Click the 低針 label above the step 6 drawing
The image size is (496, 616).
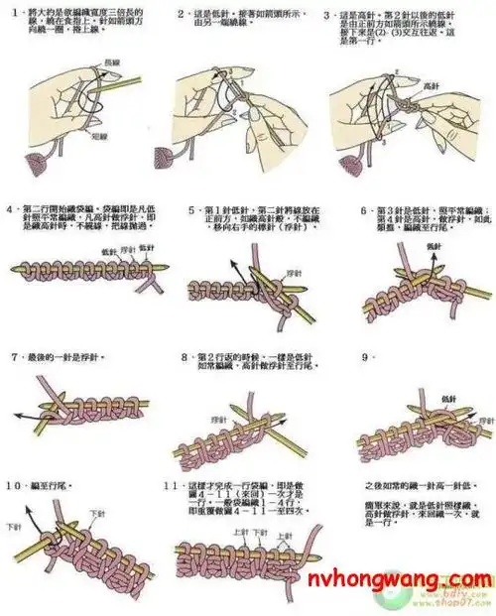(434, 245)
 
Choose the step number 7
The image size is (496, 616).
(13, 355)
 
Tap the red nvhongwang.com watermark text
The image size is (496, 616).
(404, 580)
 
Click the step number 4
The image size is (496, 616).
(11, 210)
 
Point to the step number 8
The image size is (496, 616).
(186, 355)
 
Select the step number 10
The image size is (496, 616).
(14, 485)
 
